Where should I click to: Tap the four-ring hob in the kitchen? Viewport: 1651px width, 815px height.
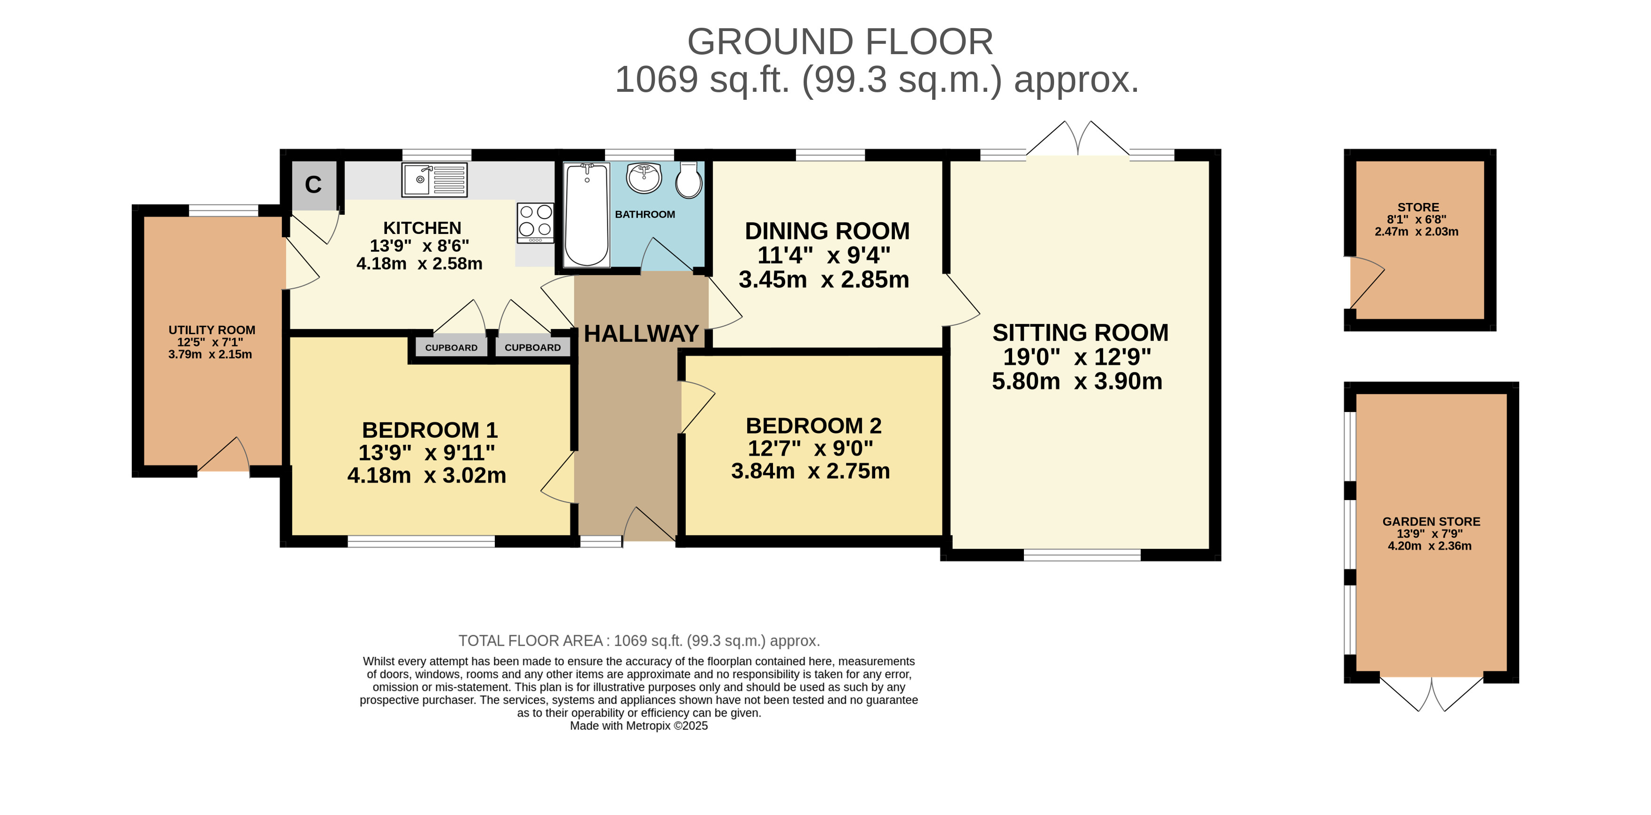click(536, 223)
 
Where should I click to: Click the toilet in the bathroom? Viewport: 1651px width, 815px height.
click(689, 179)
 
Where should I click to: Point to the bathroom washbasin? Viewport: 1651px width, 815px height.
click(644, 178)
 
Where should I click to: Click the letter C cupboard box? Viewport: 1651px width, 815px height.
click(314, 185)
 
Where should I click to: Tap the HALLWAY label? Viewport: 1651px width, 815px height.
click(641, 333)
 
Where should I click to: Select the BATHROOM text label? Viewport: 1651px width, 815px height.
click(645, 214)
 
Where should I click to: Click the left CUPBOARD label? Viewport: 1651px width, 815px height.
click(451, 347)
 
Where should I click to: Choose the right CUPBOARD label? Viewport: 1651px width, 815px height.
click(532, 347)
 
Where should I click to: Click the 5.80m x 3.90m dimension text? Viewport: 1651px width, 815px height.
click(1077, 381)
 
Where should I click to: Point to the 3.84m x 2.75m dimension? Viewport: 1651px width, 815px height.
click(810, 471)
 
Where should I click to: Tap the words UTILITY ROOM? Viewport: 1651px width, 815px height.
click(211, 330)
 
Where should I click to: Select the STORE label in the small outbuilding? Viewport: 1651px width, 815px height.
click(1418, 207)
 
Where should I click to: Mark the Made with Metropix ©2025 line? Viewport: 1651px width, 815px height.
click(639, 726)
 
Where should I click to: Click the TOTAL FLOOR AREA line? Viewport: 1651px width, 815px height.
click(639, 641)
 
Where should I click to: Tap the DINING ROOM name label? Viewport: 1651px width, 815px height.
click(827, 231)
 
